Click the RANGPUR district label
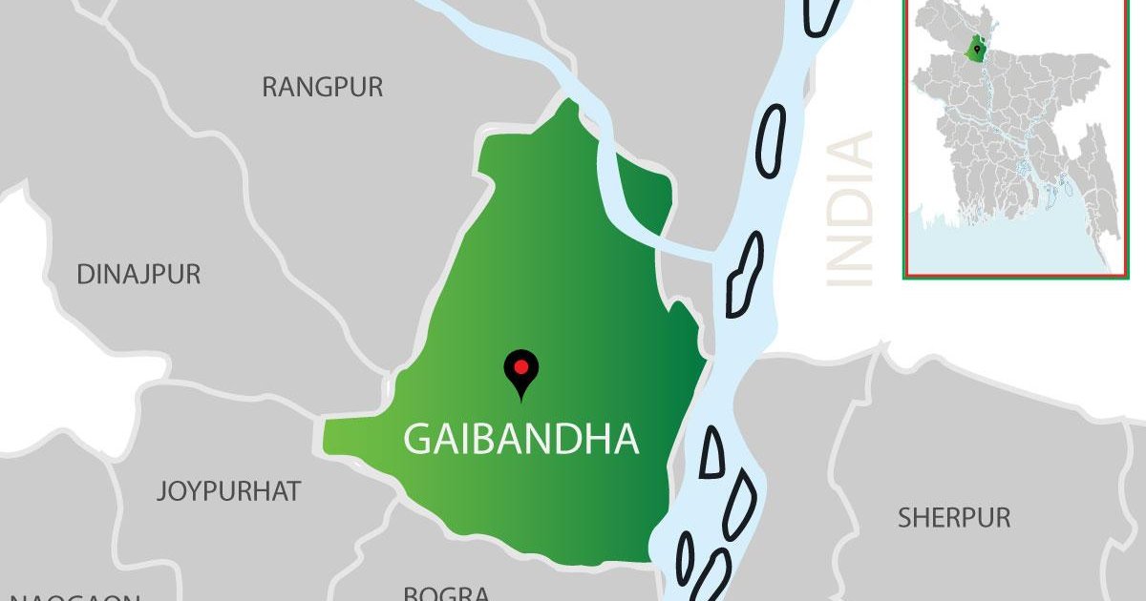322,88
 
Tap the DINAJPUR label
138,275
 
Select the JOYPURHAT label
228,492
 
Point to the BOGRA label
446,593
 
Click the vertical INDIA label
849,210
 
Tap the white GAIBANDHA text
520,439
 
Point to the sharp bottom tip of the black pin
520,399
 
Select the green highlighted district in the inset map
976,47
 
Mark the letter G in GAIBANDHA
418,439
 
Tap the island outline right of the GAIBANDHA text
711,451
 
